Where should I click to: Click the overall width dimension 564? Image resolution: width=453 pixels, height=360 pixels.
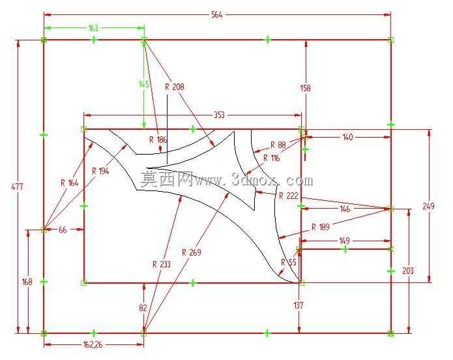216,14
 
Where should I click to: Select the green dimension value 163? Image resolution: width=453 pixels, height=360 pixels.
93,28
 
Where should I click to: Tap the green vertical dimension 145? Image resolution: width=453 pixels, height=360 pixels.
144,84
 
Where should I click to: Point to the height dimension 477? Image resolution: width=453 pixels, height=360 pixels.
17,187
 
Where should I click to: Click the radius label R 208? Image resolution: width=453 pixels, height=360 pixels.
174,87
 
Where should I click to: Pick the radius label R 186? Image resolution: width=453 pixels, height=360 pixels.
158,140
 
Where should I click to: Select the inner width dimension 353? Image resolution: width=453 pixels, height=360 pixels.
219,115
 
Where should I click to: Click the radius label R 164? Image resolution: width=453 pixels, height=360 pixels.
69,183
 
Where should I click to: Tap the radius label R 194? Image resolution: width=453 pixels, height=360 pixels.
100,171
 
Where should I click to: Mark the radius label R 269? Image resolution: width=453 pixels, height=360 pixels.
191,252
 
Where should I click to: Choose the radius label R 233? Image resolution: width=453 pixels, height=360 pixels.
162,264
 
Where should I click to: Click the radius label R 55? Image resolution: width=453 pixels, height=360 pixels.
289,262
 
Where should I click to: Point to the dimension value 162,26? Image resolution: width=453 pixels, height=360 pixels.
93,345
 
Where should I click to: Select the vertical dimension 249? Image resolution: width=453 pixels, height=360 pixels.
428,206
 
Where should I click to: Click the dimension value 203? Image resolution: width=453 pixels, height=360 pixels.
408,271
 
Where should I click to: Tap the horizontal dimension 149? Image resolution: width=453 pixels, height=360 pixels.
344,241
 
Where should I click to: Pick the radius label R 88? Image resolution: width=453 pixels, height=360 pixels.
278,145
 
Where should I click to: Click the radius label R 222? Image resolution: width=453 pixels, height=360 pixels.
288,196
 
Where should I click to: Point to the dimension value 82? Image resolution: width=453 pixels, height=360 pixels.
143,308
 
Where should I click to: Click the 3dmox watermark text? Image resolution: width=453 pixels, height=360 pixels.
227,179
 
